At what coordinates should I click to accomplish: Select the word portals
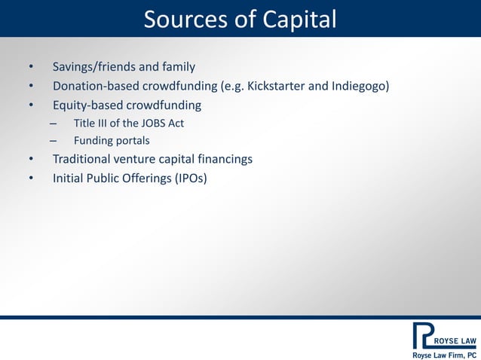(x=133, y=141)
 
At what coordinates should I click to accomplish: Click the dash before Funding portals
(x=53, y=141)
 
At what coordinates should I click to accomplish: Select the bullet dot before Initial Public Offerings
(x=31, y=178)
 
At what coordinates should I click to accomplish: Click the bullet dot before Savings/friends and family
(x=31, y=66)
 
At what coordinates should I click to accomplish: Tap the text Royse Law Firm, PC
(x=443, y=354)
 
